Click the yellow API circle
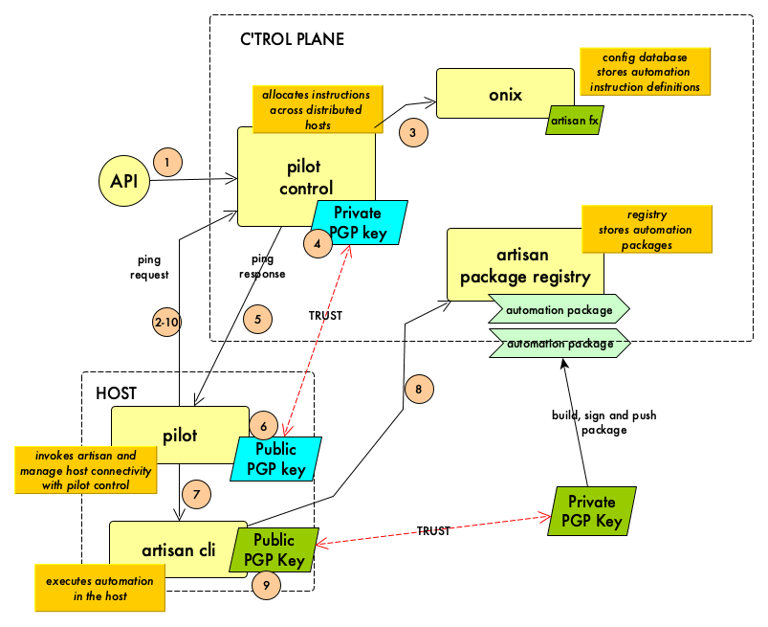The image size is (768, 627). point(124,181)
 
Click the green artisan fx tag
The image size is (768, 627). point(574,121)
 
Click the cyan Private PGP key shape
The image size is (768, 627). point(358,222)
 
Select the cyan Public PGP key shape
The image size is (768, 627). point(275,459)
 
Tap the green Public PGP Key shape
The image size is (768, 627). point(274,549)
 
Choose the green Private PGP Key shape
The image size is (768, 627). point(592,511)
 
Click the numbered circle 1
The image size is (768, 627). point(166,163)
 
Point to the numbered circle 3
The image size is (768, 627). point(412,132)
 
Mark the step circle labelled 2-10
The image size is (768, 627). point(166,323)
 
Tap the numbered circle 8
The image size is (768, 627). point(418,389)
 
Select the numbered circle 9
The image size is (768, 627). point(266,585)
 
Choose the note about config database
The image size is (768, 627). point(645,72)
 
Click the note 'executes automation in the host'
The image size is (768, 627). point(99,588)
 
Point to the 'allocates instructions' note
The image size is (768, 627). point(316,109)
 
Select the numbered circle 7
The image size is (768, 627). point(196,494)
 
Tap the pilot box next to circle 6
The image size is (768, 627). point(179,435)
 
